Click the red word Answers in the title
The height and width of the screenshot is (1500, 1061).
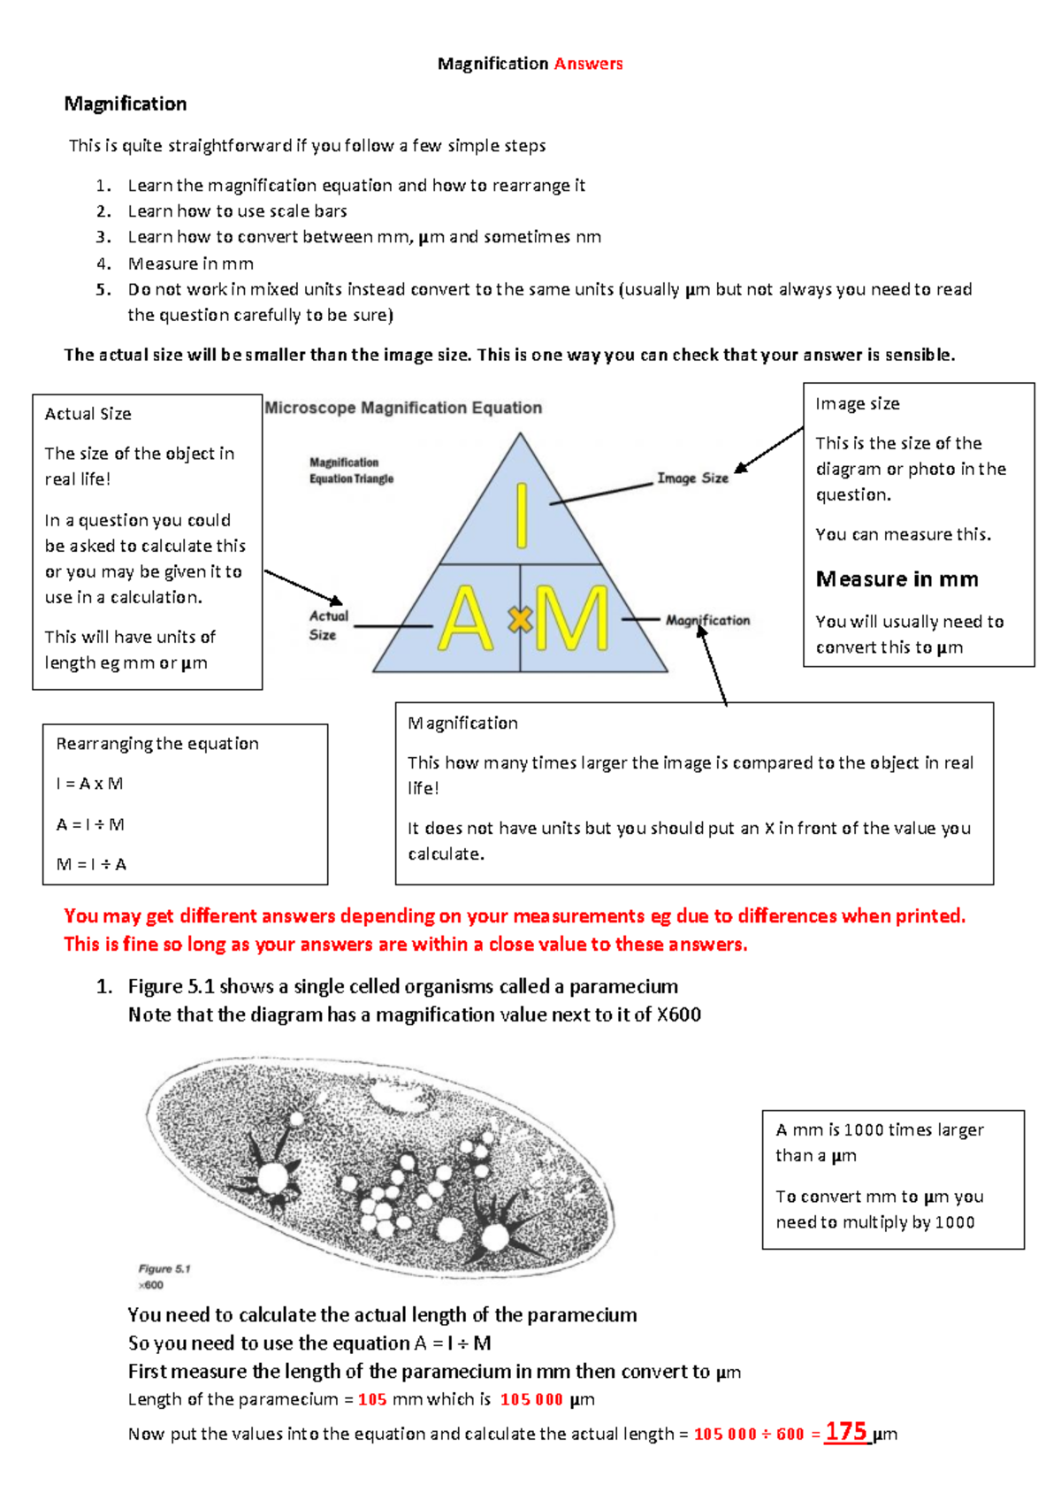(x=588, y=64)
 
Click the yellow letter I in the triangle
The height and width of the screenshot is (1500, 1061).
(x=522, y=516)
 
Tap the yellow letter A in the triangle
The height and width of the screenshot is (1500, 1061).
(x=466, y=619)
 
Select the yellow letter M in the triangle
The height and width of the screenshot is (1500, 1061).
(x=573, y=619)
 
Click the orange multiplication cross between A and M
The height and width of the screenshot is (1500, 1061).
(x=520, y=620)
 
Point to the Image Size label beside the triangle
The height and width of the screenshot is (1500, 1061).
(x=692, y=478)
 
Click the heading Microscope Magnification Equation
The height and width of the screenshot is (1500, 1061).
(x=403, y=408)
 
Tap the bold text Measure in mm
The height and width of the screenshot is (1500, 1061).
(x=897, y=579)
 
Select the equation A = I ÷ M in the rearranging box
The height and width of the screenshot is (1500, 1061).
(x=90, y=824)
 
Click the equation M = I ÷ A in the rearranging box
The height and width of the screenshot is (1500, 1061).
(x=91, y=864)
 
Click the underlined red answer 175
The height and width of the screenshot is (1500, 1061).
(x=846, y=1431)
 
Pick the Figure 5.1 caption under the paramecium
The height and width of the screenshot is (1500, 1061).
(x=164, y=1268)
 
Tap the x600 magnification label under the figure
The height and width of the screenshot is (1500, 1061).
(x=151, y=1285)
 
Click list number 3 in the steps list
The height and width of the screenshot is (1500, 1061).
(x=103, y=237)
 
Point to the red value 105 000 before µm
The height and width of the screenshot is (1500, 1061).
(x=531, y=1399)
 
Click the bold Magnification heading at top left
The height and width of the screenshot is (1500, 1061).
(x=126, y=104)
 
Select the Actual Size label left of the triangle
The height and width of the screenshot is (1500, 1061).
(x=328, y=624)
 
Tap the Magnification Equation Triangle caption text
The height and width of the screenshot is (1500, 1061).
(x=351, y=471)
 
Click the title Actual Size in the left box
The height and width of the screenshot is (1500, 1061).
(x=88, y=414)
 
